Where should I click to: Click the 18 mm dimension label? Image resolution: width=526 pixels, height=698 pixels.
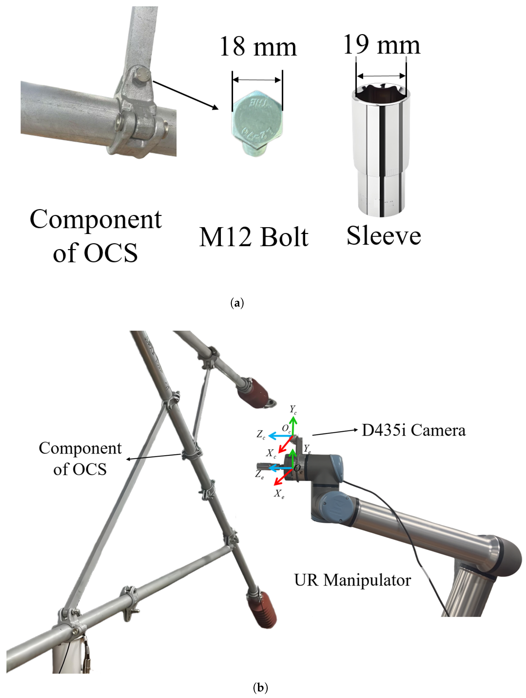(x=258, y=47)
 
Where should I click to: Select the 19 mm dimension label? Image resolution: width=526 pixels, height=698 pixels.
(x=382, y=45)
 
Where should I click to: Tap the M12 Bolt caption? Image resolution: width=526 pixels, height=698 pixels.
(x=254, y=237)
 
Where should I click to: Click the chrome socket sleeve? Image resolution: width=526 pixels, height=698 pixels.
(x=381, y=152)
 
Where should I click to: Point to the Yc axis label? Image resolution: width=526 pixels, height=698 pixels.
(x=293, y=410)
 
